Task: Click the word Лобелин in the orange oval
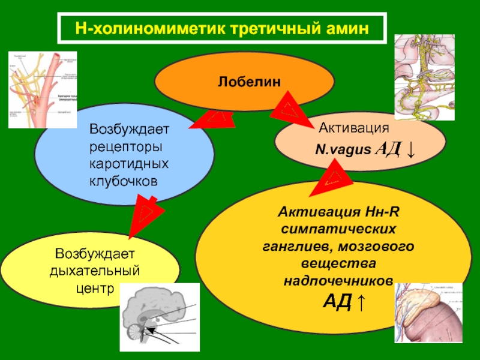click(x=244, y=80)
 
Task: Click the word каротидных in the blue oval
click(x=124, y=164)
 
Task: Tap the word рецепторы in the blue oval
click(x=124, y=146)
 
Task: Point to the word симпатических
click(x=338, y=230)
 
